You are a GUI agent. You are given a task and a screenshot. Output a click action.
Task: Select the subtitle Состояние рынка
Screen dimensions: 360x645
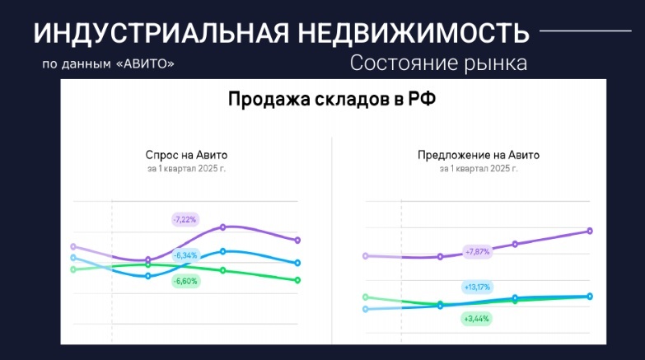coord(437,63)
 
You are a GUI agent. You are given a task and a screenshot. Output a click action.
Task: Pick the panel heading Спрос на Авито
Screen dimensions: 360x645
coord(186,155)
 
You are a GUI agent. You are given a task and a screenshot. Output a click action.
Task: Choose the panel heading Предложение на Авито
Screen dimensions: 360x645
coord(478,155)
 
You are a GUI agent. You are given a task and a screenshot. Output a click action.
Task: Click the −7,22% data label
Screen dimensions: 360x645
coord(185,219)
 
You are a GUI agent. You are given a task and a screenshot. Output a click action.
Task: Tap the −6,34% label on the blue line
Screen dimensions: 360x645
coord(185,255)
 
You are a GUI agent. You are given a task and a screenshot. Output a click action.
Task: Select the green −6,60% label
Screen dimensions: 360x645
coord(185,281)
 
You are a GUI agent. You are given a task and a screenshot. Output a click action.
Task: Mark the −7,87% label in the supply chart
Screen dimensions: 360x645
coord(478,251)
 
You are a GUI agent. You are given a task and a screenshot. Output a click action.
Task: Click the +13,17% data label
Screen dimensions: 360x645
coord(477,287)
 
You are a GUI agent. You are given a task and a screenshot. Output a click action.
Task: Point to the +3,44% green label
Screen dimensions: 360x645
coord(477,318)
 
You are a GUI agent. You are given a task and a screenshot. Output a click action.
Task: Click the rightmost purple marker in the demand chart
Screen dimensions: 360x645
coord(297,240)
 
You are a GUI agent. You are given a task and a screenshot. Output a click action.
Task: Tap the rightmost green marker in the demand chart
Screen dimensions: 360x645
coord(297,280)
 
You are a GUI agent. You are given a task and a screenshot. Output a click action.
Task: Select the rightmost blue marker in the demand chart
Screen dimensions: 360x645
coord(297,263)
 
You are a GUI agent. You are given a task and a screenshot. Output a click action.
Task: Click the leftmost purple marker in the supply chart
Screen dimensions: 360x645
coord(366,255)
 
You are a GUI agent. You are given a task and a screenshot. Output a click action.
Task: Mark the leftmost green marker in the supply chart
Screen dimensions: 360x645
coord(366,297)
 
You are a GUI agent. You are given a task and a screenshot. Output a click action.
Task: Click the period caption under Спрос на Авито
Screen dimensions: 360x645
coord(186,169)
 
